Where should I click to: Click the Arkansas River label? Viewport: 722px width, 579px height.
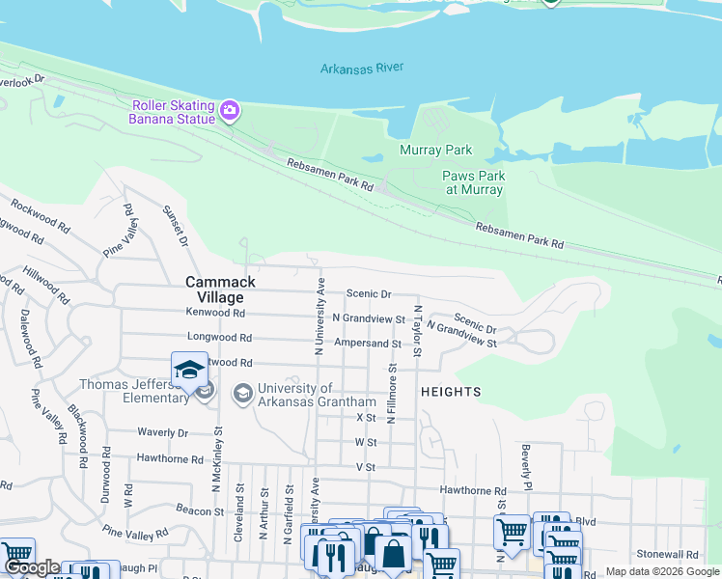click(x=362, y=68)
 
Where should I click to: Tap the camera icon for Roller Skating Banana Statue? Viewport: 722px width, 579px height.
click(x=229, y=110)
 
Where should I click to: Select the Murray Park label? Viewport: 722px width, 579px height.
click(x=436, y=151)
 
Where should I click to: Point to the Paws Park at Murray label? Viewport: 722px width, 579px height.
click(x=473, y=183)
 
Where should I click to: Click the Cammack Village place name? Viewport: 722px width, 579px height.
click(x=221, y=289)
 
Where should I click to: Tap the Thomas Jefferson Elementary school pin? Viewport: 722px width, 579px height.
click(x=189, y=371)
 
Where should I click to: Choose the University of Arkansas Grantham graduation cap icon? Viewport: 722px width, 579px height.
click(x=241, y=393)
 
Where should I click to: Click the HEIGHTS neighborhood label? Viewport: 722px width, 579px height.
click(x=451, y=392)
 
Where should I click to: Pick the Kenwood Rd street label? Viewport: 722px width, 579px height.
click(x=216, y=314)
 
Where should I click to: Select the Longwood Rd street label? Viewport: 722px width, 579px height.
click(x=219, y=339)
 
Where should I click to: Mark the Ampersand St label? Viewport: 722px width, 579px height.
click(x=367, y=344)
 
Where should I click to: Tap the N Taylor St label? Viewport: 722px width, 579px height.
click(x=418, y=331)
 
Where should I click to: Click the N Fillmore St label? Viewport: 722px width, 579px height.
click(x=392, y=394)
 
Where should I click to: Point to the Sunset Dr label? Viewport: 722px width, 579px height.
click(x=175, y=226)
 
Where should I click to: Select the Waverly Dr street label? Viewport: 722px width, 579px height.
click(x=163, y=433)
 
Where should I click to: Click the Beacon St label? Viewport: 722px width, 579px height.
click(x=200, y=509)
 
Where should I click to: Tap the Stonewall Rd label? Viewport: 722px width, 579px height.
click(x=667, y=555)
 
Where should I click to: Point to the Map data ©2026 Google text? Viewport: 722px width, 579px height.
click(x=662, y=571)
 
